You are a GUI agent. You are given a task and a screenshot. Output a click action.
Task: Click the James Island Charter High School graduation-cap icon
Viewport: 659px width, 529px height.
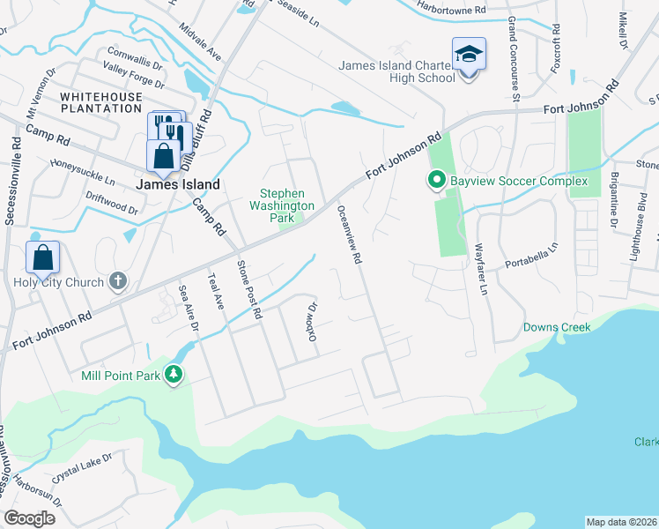(469, 55)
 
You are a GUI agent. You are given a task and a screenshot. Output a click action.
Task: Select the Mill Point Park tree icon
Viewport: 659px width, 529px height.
(174, 375)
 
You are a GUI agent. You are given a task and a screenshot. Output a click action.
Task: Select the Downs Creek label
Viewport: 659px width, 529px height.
(557, 327)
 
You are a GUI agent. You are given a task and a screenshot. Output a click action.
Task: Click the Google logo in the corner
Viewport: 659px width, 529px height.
(30, 518)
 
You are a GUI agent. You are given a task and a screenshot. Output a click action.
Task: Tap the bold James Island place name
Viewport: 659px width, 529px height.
(178, 184)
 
